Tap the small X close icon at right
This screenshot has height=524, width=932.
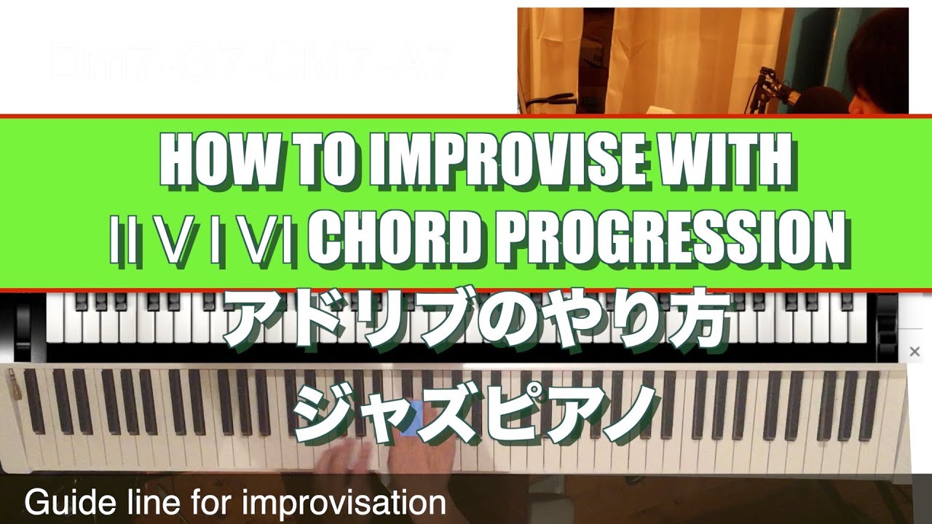(915, 352)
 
